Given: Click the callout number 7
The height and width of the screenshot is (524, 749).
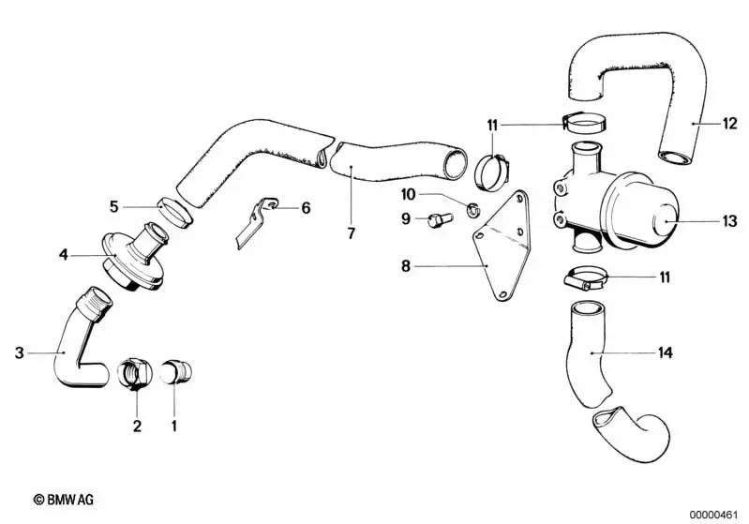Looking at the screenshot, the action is tap(352, 233).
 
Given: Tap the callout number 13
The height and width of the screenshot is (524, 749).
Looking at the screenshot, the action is tap(730, 221).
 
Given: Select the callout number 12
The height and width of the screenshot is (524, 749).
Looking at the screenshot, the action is tap(730, 123).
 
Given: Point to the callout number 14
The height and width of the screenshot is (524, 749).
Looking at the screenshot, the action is tap(665, 352).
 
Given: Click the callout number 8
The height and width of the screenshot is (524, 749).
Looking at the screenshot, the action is tap(406, 265).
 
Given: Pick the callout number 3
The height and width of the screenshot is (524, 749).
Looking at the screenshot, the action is tap(19, 353).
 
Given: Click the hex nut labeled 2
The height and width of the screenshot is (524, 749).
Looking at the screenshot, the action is tap(135, 373).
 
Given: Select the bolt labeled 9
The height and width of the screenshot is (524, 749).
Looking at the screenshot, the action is tap(439, 220).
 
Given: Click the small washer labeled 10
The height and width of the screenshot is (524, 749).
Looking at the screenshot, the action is tap(472, 209).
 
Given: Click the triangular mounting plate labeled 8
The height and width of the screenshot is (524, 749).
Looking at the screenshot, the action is tap(502, 245).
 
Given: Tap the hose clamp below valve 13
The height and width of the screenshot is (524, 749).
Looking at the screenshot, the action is tap(586, 279).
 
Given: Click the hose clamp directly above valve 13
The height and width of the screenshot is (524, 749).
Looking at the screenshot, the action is tap(585, 123).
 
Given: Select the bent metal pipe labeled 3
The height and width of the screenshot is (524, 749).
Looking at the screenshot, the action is tap(82, 338).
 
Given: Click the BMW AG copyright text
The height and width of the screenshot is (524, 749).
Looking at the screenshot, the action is tap(64, 500).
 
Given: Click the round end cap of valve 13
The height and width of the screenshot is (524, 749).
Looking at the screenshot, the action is tap(665, 220).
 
